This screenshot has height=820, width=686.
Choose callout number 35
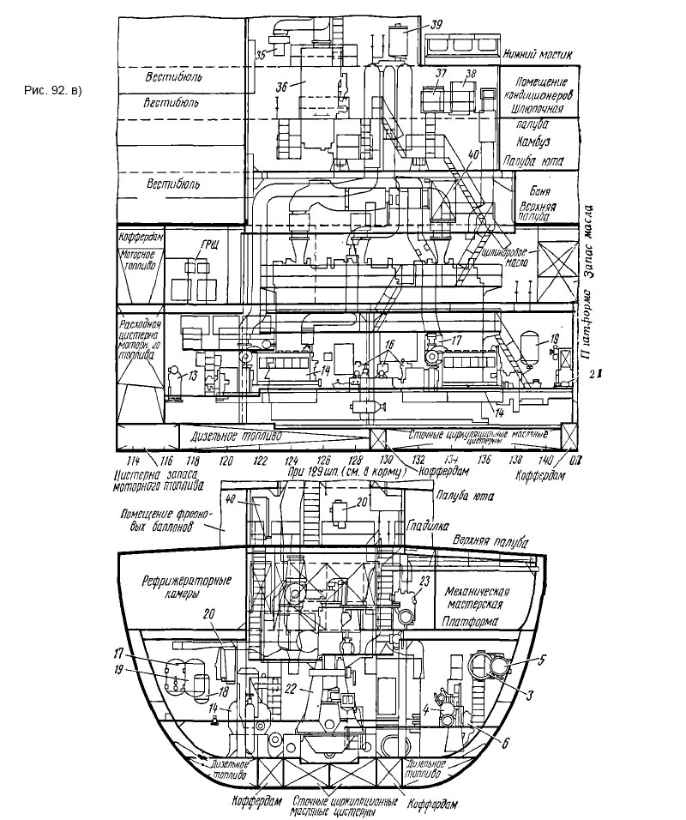point(261,54)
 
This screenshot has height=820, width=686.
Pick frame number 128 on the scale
point(329,461)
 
